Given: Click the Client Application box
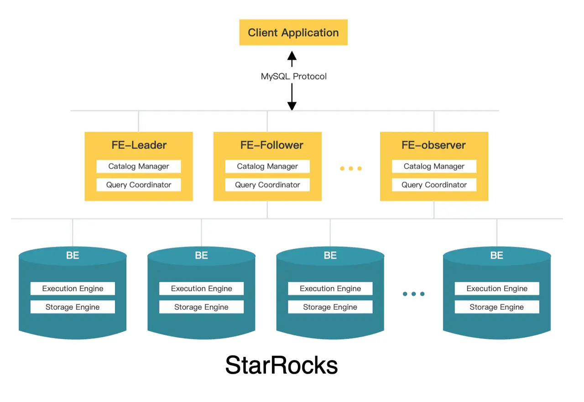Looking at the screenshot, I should coord(293,32).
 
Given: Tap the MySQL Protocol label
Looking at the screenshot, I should coord(293,76).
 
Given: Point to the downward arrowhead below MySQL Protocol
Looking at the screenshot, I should coord(292,105).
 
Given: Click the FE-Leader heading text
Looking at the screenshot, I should coord(139,145).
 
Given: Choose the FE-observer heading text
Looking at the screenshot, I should coord(433,145).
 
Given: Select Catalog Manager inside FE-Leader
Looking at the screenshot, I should coord(139,167).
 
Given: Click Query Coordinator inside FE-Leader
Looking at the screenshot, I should coord(139,185).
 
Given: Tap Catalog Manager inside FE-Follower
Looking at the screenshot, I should coord(267,167).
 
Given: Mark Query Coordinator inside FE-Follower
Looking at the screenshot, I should coord(267,185).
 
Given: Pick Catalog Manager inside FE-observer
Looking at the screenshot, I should coord(434,167).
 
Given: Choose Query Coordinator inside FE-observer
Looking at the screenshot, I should coord(434,185).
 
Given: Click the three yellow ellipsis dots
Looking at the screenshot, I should coord(350,168).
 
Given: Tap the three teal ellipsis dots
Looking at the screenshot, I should coord(413,294).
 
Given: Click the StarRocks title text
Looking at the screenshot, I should coord(282,365).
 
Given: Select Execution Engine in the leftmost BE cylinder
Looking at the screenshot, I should coord(73,288).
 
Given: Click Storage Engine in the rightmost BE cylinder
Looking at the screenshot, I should coord(497,307).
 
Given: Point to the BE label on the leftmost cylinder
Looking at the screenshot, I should coord(73,256).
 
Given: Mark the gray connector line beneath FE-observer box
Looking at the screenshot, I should coord(434,210).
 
